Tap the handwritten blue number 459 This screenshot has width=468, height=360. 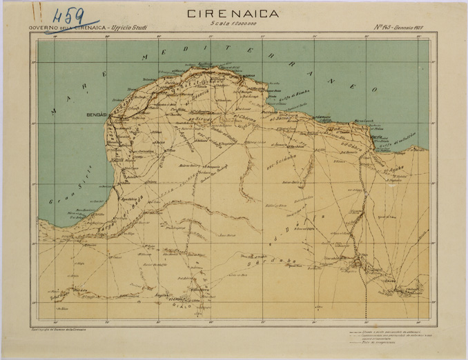point(67,16)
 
